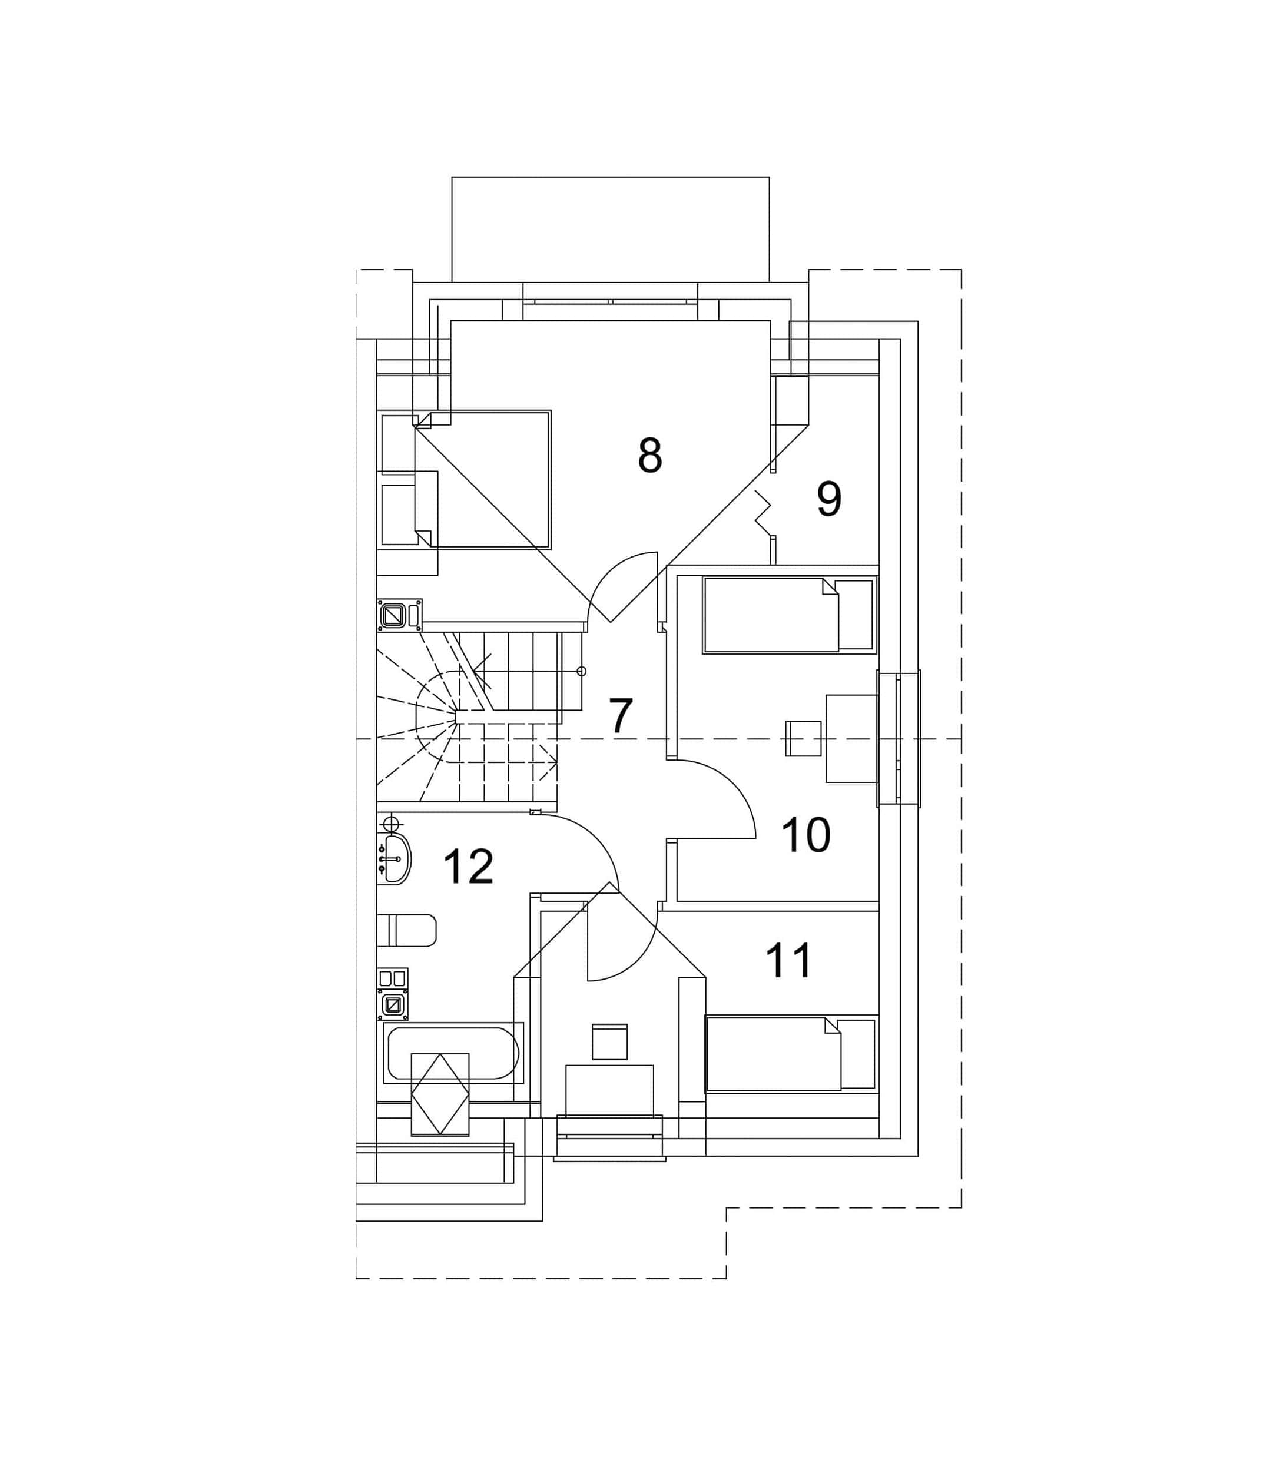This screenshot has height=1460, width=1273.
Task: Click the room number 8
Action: [x=649, y=455]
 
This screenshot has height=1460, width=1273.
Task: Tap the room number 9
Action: [x=828, y=499]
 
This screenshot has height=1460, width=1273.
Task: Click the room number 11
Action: [x=788, y=960]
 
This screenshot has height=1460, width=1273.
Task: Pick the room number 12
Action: [x=468, y=867]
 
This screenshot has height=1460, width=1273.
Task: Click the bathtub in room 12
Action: [x=453, y=1053]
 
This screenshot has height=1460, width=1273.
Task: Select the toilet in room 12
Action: [x=406, y=930]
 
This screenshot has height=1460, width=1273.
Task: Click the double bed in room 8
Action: [x=482, y=479]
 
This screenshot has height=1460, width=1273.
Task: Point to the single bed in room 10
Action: [x=788, y=615]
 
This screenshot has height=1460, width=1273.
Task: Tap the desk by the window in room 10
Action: [x=852, y=738]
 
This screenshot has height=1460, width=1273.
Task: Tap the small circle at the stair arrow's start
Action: [x=581, y=671]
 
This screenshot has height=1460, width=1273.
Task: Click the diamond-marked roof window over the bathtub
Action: [x=440, y=1094]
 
